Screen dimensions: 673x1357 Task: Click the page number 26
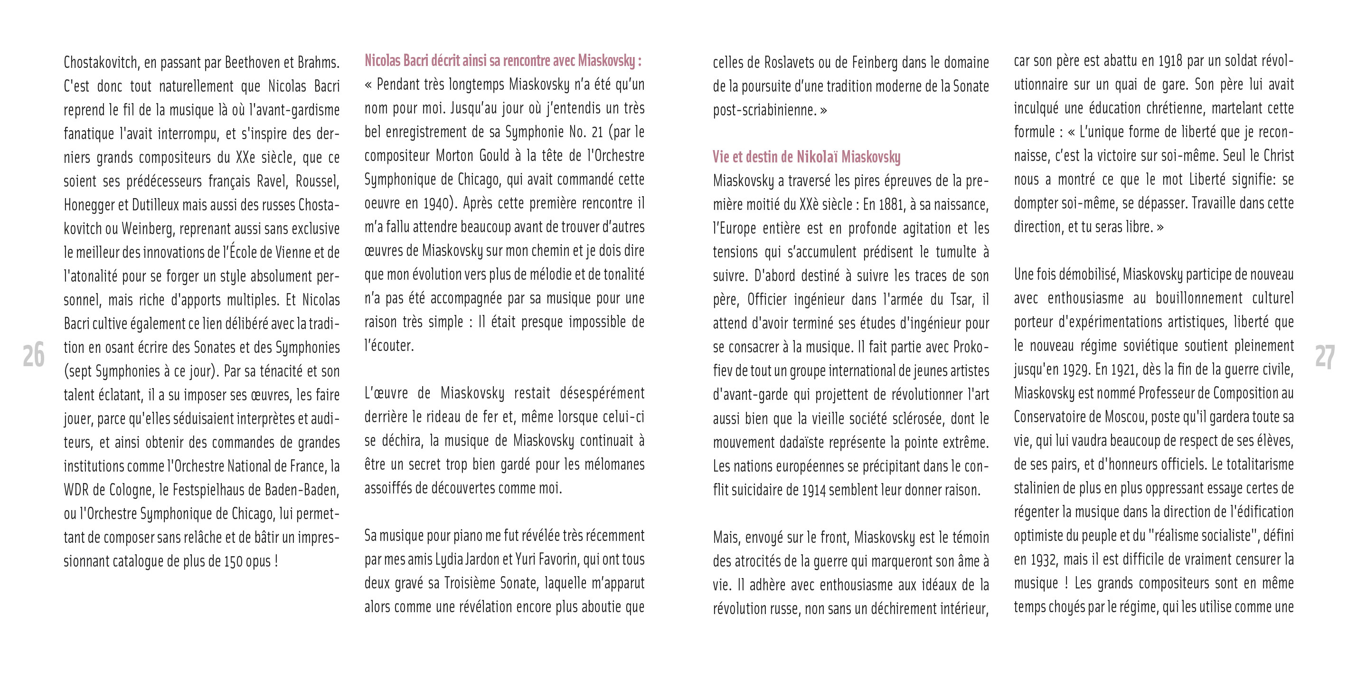tap(34, 356)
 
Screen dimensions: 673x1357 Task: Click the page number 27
tap(1324, 357)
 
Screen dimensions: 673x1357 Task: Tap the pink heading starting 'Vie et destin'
tap(806, 157)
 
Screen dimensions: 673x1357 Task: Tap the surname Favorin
tap(556, 559)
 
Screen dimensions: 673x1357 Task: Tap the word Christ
tap(1275, 156)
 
